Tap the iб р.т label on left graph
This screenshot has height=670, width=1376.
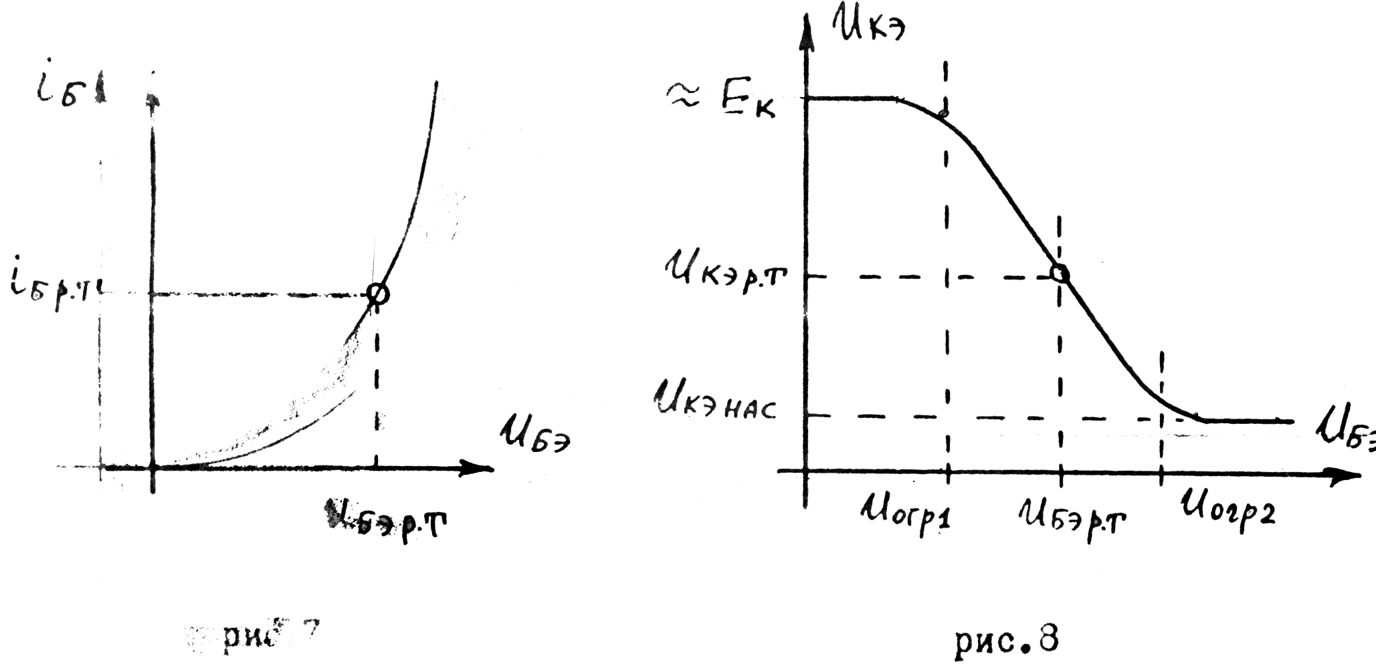(57, 293)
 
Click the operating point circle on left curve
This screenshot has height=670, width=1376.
(378, 294)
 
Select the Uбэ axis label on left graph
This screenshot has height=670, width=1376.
(535, 435)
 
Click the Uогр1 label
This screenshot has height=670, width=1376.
(906, 515)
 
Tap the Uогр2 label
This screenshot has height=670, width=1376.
(1227, 512)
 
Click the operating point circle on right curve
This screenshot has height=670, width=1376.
(1060, 273)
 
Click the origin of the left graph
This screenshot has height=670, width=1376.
(153, 467)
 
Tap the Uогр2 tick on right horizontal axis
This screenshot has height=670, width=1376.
(1161, 475)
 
